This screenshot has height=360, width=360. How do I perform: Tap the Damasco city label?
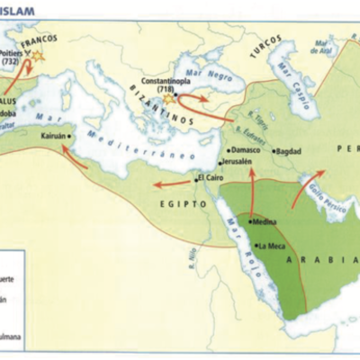click(244, 150)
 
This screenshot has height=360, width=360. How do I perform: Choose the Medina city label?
click(265, 223)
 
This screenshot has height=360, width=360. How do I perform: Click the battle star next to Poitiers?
click(38, 57)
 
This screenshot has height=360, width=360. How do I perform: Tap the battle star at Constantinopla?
click(168, 100)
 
